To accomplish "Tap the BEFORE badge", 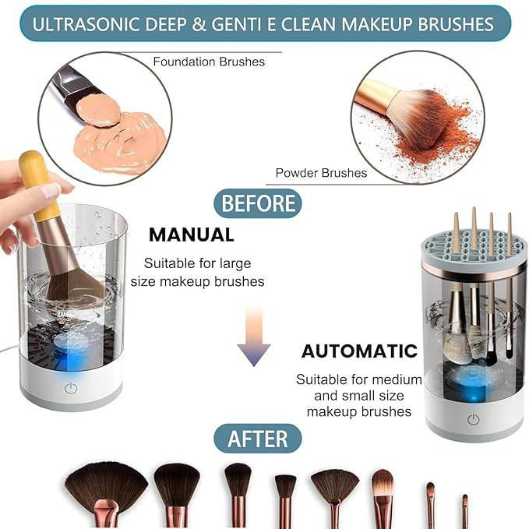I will pos(259,204).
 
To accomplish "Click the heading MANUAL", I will pos(192,235).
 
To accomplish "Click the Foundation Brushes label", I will pos(208,61).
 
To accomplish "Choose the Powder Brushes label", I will pos(321,173).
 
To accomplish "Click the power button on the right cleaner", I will pos(473,420).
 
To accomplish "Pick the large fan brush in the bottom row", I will pos(106,487).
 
